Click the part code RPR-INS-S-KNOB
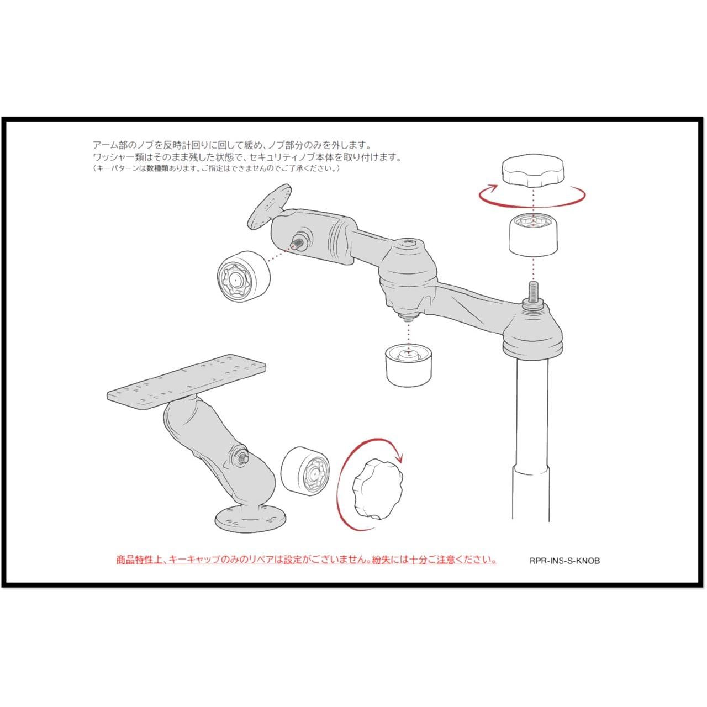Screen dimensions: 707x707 click(564, 571)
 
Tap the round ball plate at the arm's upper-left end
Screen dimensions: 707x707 click(270, 206)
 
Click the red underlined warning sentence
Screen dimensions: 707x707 click(307, 570)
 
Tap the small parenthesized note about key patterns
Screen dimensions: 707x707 click(217, 168)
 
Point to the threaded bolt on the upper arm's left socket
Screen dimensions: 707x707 click(297, 244)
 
